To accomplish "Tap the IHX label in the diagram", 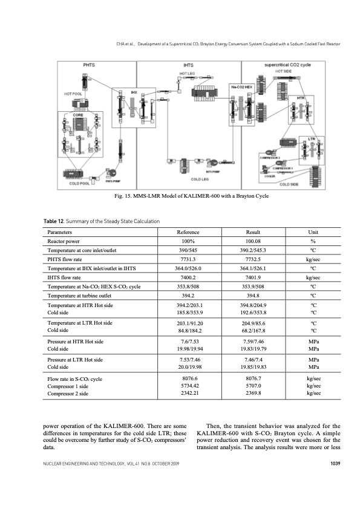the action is (134, 92).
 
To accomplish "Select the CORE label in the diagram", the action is (77, 114).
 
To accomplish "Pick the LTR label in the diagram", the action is (312, 139).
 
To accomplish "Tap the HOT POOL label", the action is (73, 94).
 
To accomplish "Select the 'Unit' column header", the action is (315, 232).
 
